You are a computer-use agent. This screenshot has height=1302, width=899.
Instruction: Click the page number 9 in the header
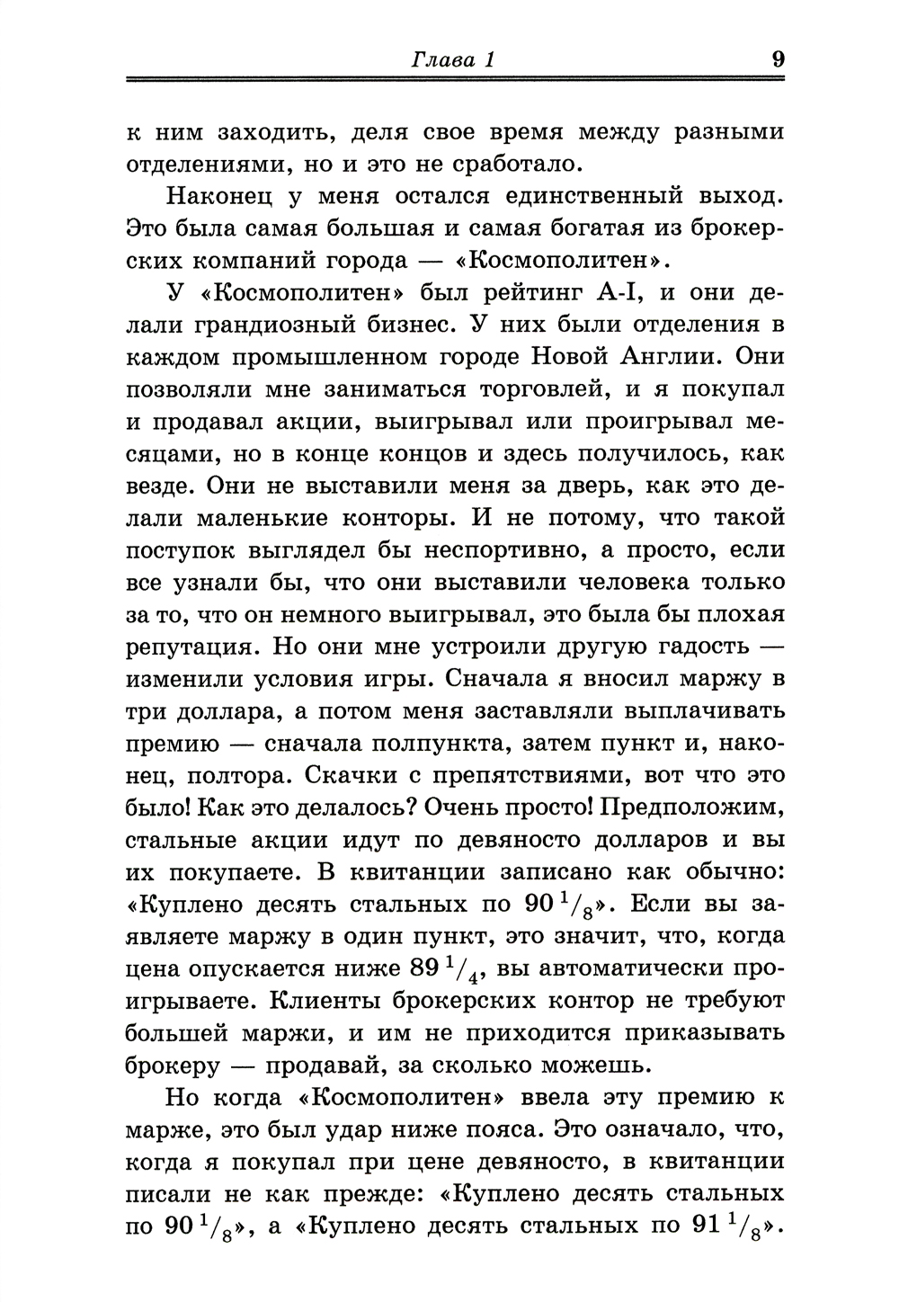coord(778,60)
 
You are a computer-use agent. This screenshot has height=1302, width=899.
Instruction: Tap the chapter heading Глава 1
coord(454,61)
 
